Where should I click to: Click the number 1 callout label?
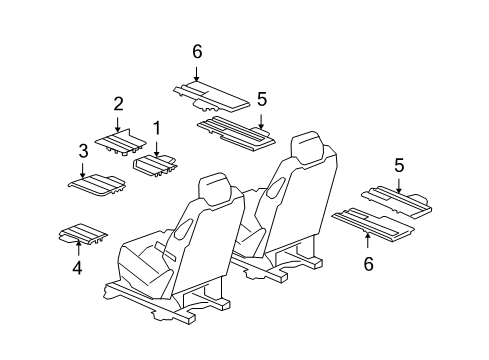coord(156,128)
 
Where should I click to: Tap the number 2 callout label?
coord(118,103)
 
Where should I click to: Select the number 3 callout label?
coord(83,152)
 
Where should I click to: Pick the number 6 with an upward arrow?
coord(367,264)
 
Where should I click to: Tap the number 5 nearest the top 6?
coord(262,99)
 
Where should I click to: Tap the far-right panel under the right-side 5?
coord(397,201)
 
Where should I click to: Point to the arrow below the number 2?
coord(118,123)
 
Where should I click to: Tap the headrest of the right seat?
coord(307,147)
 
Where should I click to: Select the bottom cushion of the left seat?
coord(147,264)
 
